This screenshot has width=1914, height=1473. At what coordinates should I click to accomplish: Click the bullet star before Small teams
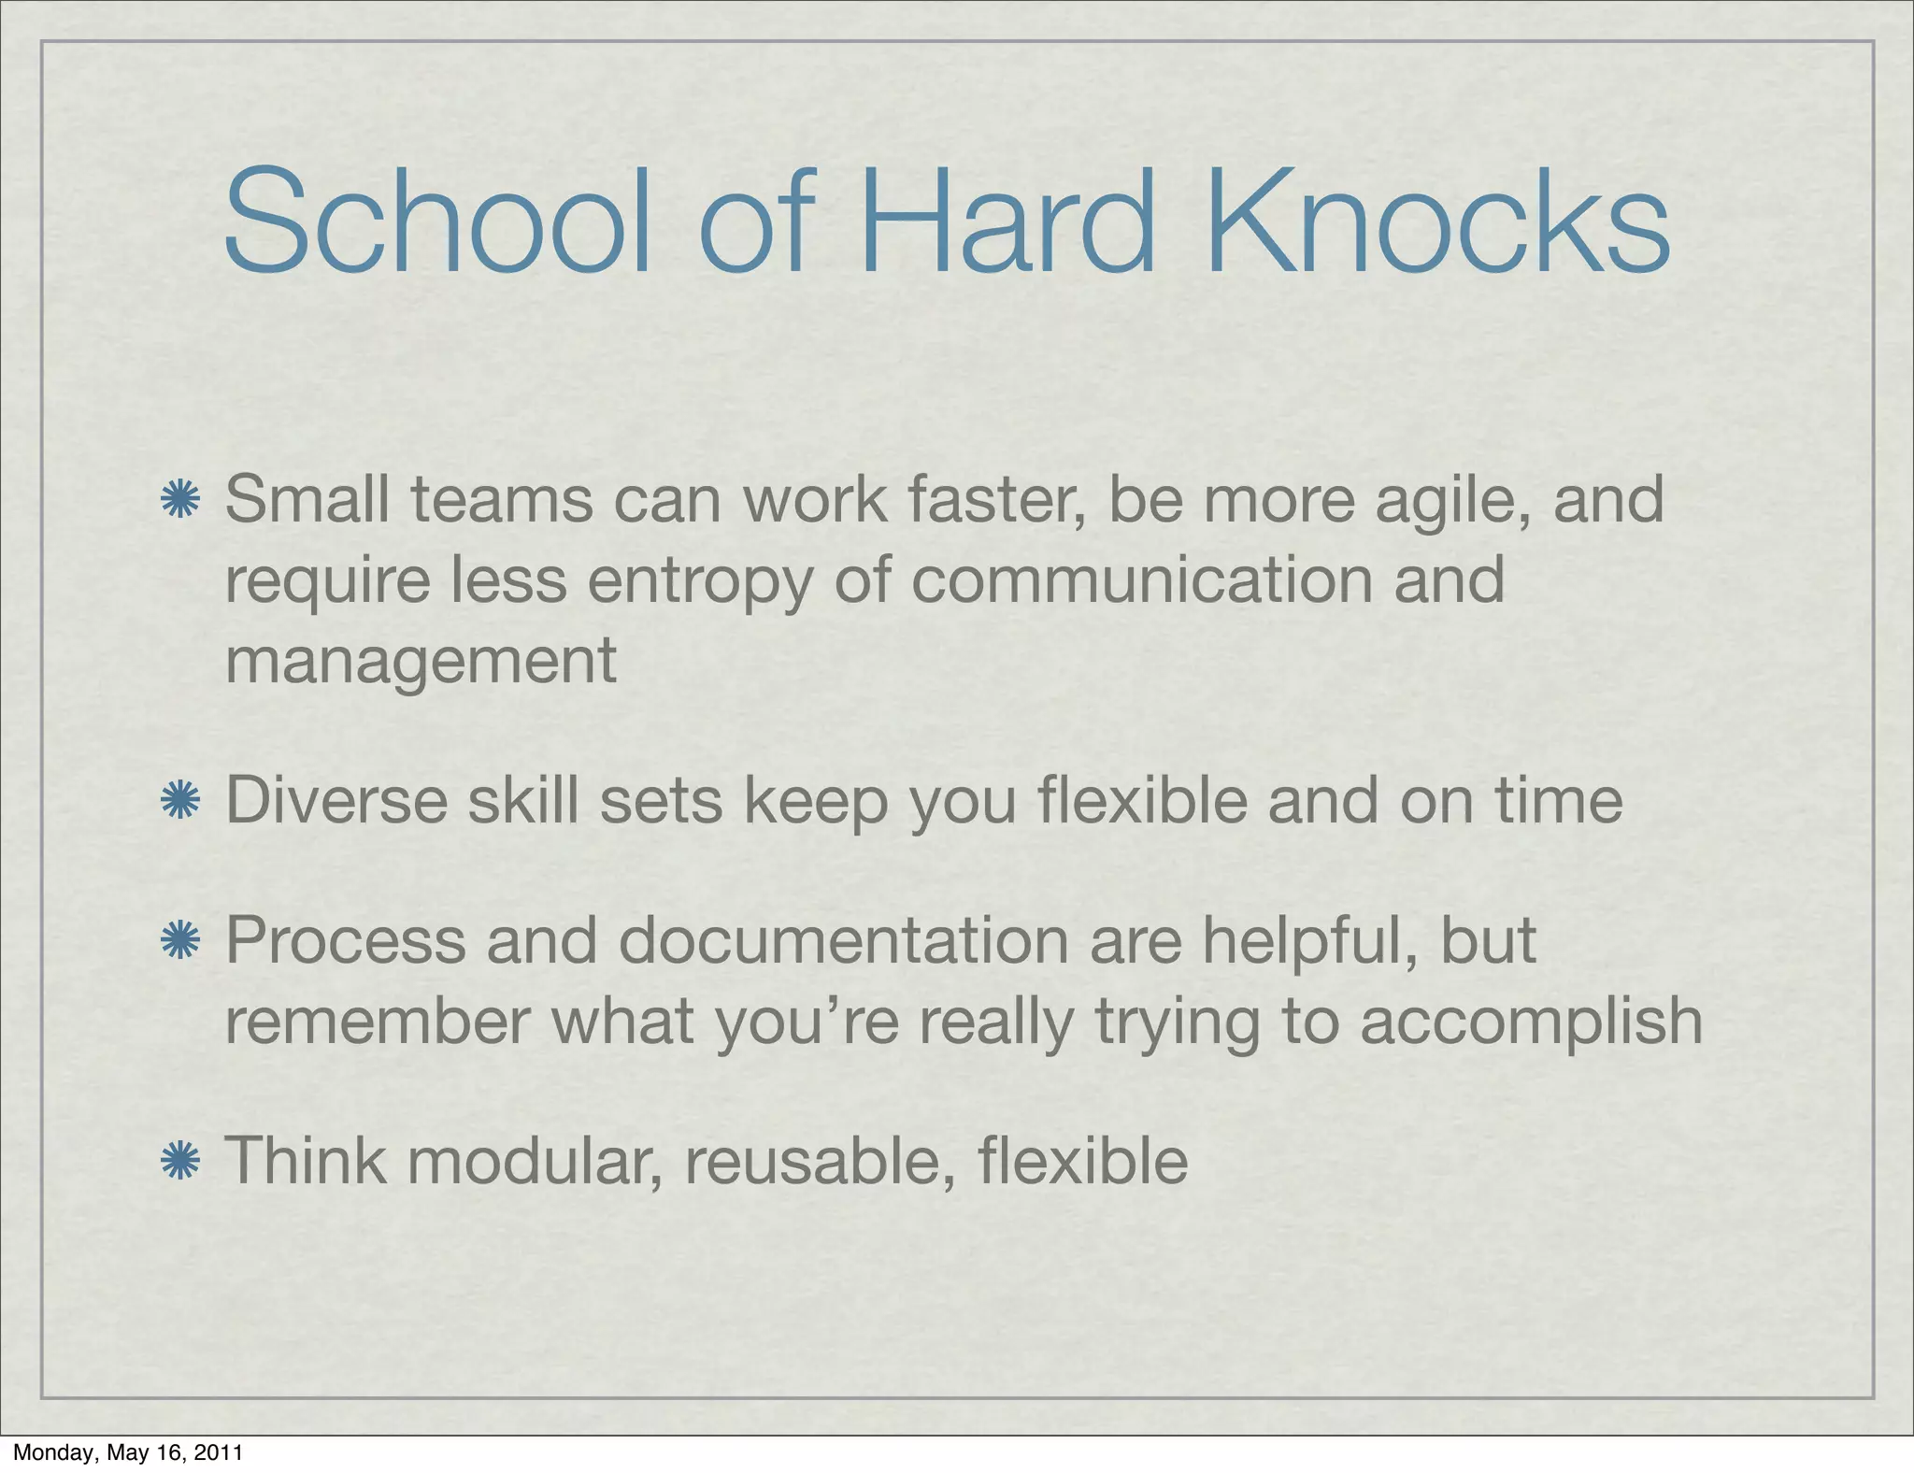[179, 500]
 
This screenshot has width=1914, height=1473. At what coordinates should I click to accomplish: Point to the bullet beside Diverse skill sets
[179, 801]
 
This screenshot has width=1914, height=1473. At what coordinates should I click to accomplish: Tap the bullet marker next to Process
[179, 940]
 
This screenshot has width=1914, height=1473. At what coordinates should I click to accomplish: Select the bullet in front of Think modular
[179, 1161]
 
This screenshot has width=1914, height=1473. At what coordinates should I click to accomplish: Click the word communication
[1141, 579]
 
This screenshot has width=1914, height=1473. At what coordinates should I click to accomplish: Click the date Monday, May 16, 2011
[128, 1452]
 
